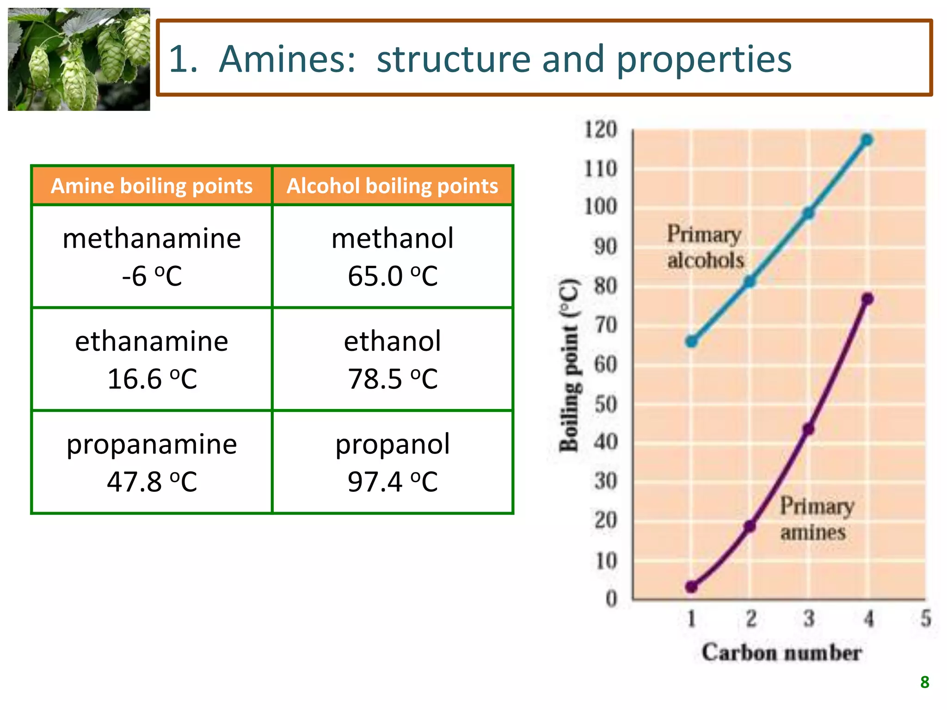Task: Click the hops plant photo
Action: click(79, 59)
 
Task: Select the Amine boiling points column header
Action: click(152, 186)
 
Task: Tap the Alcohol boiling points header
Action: click(392, 186)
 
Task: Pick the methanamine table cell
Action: click(152, 257)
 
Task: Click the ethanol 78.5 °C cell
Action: click(392, 359)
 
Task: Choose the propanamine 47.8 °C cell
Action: click(152, 462)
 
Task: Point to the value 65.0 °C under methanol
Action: click(392, 276)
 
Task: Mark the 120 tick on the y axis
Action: click(601, 129)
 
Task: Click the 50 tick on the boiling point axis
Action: click(605, 404)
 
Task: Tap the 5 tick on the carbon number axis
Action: click(925, 618)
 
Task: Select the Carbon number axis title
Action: click(781, 653)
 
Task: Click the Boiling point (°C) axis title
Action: click(569, 365)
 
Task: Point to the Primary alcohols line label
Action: click(705, 247)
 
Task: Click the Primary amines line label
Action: click(816, 519)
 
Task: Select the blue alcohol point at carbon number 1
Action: click(692, 342)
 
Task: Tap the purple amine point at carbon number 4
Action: click(867, 299)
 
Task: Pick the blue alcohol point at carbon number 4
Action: click(867, 140)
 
